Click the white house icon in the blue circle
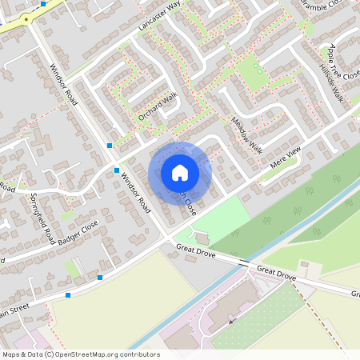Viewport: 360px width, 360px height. [x=180, y=172]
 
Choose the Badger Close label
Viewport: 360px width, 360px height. [x=78, y=234]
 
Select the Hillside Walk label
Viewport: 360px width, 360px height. [x=331, y=83]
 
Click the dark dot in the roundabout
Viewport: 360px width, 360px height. [x=26, y=18]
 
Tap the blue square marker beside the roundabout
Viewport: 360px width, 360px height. [x=43, y=4]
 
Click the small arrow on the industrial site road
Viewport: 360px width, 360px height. [x=233, y=321]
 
